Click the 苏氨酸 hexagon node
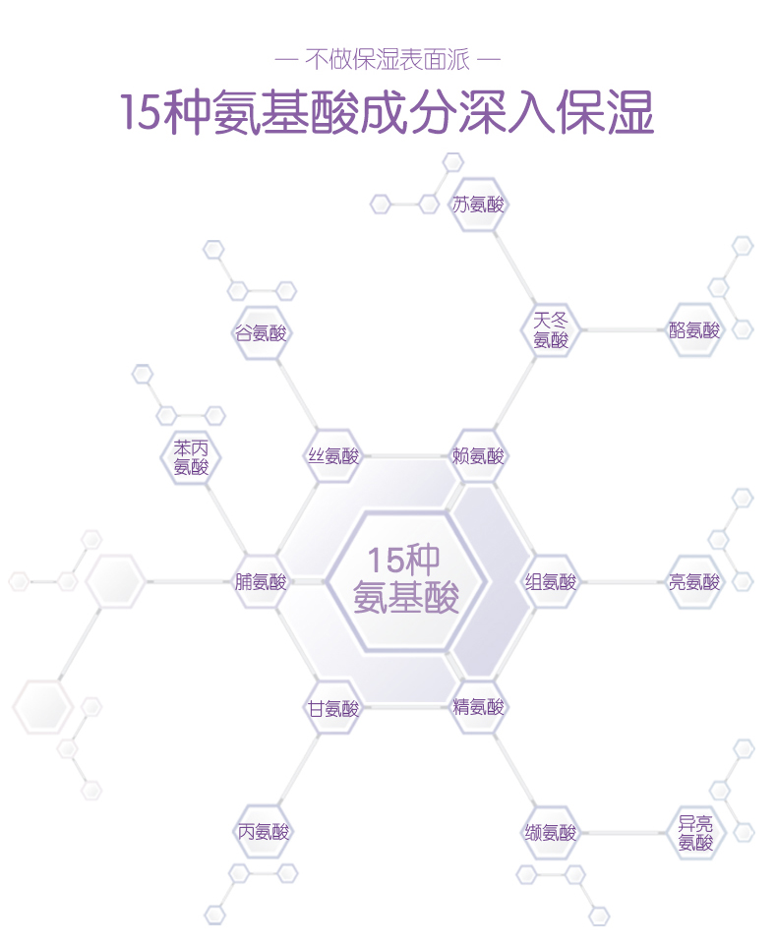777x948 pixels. (478, 205)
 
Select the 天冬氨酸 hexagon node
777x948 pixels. (551, 330)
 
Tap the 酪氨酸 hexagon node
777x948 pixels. (694, 330)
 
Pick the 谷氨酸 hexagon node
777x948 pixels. (262, 332)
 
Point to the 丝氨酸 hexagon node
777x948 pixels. (333, 456)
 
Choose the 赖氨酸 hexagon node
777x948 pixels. (479, 456)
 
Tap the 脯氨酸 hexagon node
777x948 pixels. (261, 582)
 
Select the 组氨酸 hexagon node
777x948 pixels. (551, 582)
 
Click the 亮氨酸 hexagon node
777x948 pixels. (694, 582)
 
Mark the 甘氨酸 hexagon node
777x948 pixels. (333, 708)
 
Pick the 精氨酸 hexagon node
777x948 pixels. (479, 707)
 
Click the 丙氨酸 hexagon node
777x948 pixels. (264, 832)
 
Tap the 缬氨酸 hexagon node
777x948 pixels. (551, 833)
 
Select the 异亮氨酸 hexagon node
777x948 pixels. (694, 833)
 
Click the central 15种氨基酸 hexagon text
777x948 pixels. (406, 580)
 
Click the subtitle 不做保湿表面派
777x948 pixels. (388, 60)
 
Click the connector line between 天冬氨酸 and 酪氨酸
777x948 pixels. (623, 330)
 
